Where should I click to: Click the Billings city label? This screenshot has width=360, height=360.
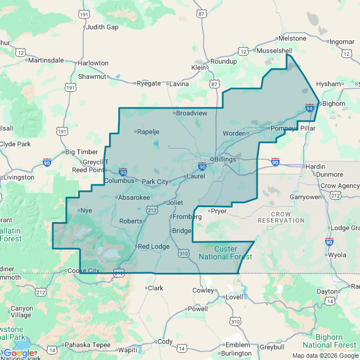tap(225, 159)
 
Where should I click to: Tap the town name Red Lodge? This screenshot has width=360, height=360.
tap(154, 246)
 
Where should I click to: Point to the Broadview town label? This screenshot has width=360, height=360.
tap(192, 113)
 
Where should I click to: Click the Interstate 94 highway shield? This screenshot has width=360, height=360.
tap(309, 107)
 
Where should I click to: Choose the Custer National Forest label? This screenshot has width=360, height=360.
tap(226, 253)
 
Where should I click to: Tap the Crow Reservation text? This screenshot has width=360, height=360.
tap(281, 217)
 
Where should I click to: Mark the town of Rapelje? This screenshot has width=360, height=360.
tap(148, 132)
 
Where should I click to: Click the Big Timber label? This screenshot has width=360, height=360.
tap(82, 152)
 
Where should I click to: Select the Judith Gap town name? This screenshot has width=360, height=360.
tap(102, 26)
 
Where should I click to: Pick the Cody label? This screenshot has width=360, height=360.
tap(165, 341)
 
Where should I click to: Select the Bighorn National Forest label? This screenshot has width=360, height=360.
tap(330, 340)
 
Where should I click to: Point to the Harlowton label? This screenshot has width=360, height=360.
tap(93, 63)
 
